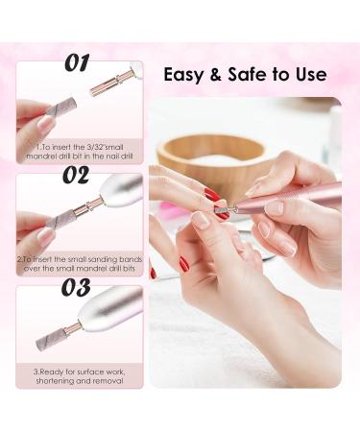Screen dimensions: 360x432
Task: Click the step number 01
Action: click(x=78, y=62)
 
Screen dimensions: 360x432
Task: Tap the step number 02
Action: click(x=76, y=175)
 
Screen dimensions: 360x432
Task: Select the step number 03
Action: click(x=76, y=287)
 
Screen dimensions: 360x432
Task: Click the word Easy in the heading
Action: click(x=183, y=76)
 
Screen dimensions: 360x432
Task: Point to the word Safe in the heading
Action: click(x=247, y=75)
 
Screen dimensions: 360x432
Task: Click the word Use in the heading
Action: click(x=311, y=75)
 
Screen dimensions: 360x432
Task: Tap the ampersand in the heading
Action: click(x=216, y=75)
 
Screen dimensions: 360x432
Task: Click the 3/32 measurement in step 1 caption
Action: click(x=95, y=148)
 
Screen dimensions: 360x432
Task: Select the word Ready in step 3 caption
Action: click(x=50, y=372)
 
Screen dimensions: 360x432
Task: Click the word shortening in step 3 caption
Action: click(x=55, y=381)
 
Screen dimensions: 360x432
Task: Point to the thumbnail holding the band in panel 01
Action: click(x=46, y=123)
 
